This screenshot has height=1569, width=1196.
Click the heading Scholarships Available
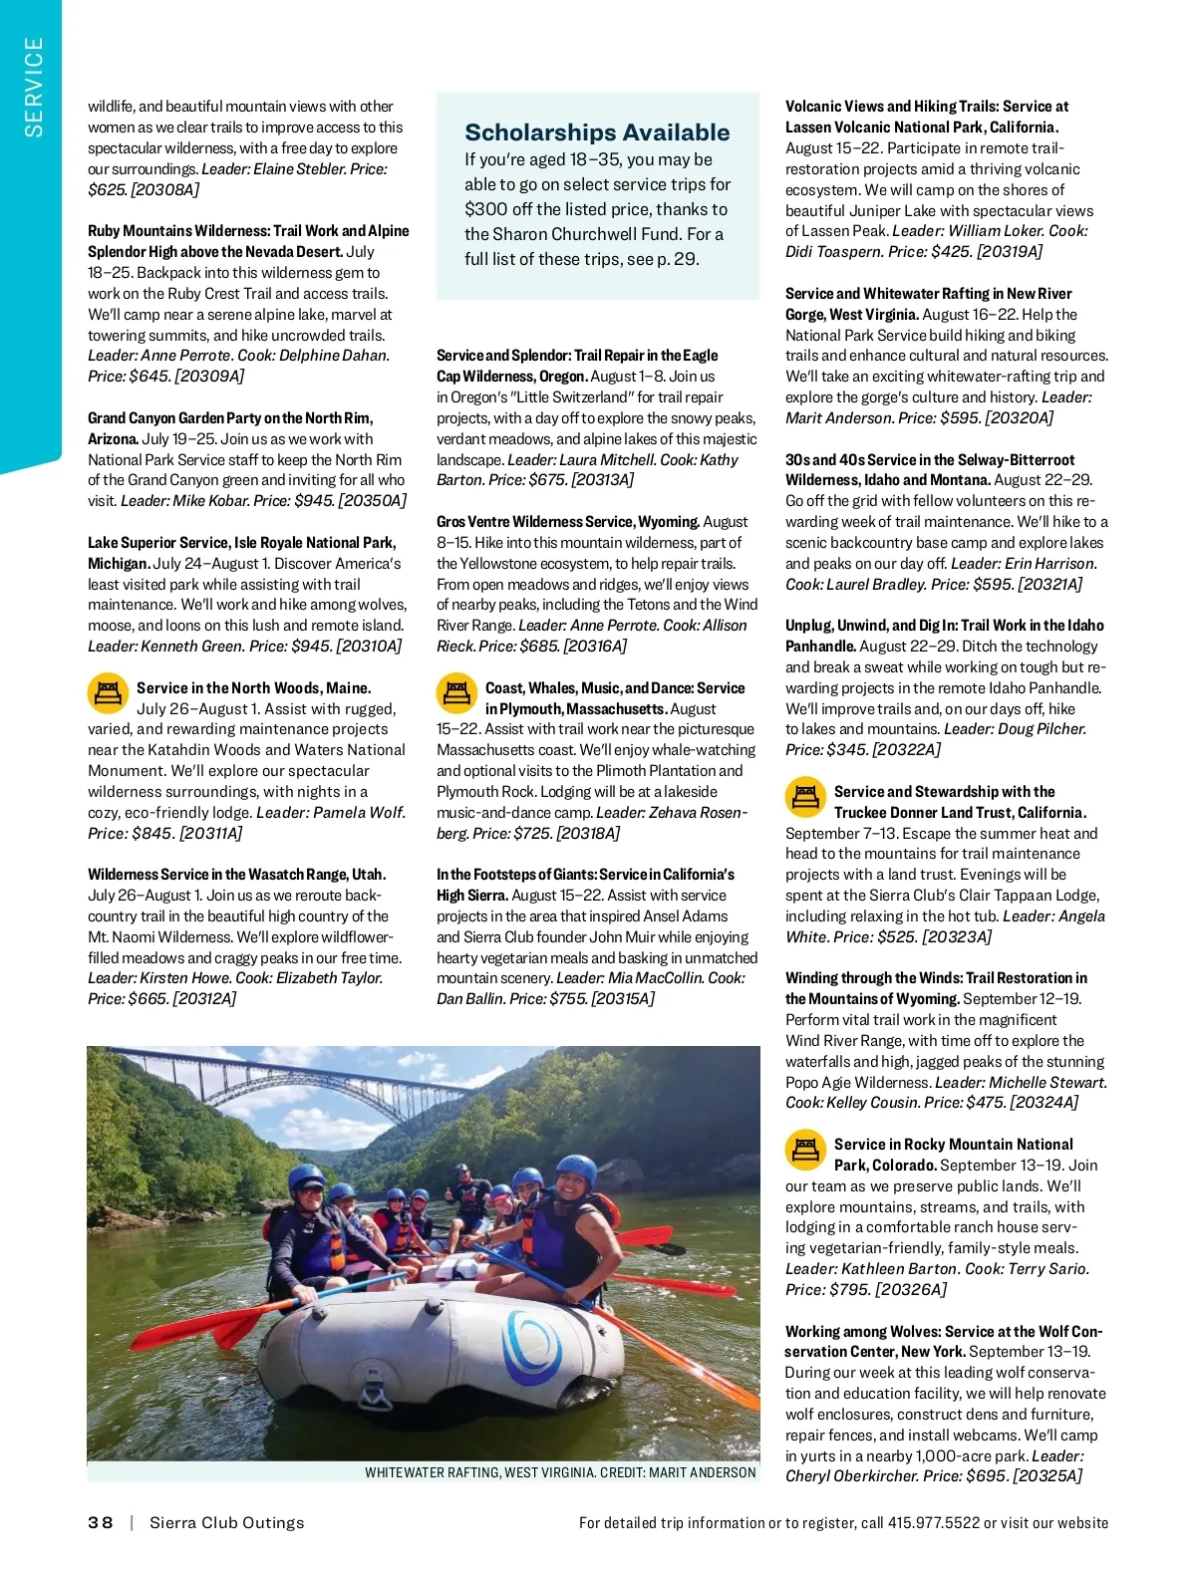coord(597,132)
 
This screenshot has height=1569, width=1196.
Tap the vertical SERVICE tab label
coord(34,87)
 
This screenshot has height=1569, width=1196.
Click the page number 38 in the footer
coord(101,1522)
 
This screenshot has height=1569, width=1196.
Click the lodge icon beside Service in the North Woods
coord(108,693)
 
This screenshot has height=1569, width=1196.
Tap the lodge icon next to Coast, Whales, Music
coord(456,693)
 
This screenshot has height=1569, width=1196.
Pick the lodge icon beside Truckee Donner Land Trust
coord(805,797)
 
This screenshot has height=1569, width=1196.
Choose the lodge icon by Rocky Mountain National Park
coord(805,1150)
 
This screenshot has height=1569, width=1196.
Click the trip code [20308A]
coord(165,189)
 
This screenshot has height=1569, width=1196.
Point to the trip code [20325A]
coord(1047,1476)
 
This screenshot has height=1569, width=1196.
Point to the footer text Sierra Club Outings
coord(226,1522)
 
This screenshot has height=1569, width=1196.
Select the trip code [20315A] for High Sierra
coord(623,999)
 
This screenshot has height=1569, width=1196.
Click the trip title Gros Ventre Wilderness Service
coord(567,522)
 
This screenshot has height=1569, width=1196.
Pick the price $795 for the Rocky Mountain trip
coord(848,1290)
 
